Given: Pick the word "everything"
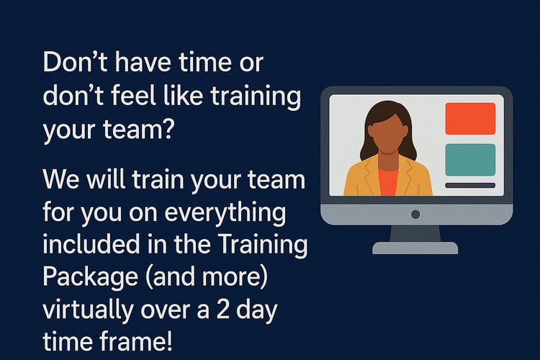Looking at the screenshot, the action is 225,214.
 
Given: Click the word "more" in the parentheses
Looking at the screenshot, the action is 230,277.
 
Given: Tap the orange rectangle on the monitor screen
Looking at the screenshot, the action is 470,119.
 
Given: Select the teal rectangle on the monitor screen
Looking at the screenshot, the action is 470,160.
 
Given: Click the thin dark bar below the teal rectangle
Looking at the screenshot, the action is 470,185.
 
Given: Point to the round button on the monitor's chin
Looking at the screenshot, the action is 415,215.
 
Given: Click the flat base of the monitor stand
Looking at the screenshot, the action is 415,248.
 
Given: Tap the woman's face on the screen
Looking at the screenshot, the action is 388,133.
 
